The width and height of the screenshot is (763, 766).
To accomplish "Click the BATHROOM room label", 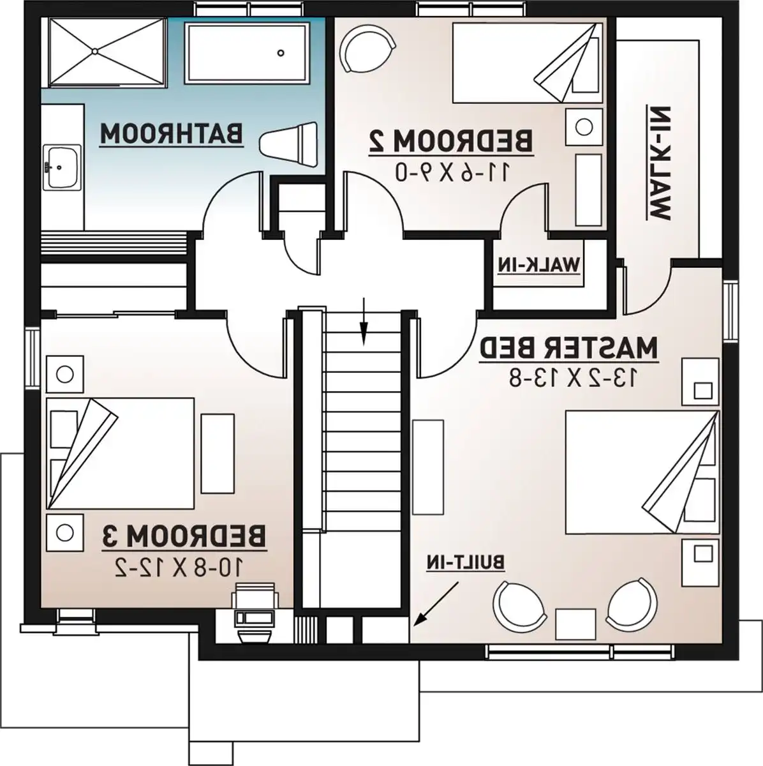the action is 171,134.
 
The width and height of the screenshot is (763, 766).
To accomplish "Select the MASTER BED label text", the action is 568,349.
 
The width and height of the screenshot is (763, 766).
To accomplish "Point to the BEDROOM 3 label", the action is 184,537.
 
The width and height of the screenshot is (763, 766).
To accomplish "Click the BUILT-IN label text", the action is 466,563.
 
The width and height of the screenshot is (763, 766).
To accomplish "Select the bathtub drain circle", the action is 281,52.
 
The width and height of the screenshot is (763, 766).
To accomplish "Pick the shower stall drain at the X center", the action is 94,51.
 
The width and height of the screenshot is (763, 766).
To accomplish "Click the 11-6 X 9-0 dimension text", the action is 452,172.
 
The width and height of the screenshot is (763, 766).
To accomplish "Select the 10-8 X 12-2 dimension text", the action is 178,567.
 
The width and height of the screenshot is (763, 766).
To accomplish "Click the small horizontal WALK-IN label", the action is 538,264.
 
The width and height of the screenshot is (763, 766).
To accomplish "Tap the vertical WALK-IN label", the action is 658,163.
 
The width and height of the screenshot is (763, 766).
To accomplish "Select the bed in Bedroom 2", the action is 526,63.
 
